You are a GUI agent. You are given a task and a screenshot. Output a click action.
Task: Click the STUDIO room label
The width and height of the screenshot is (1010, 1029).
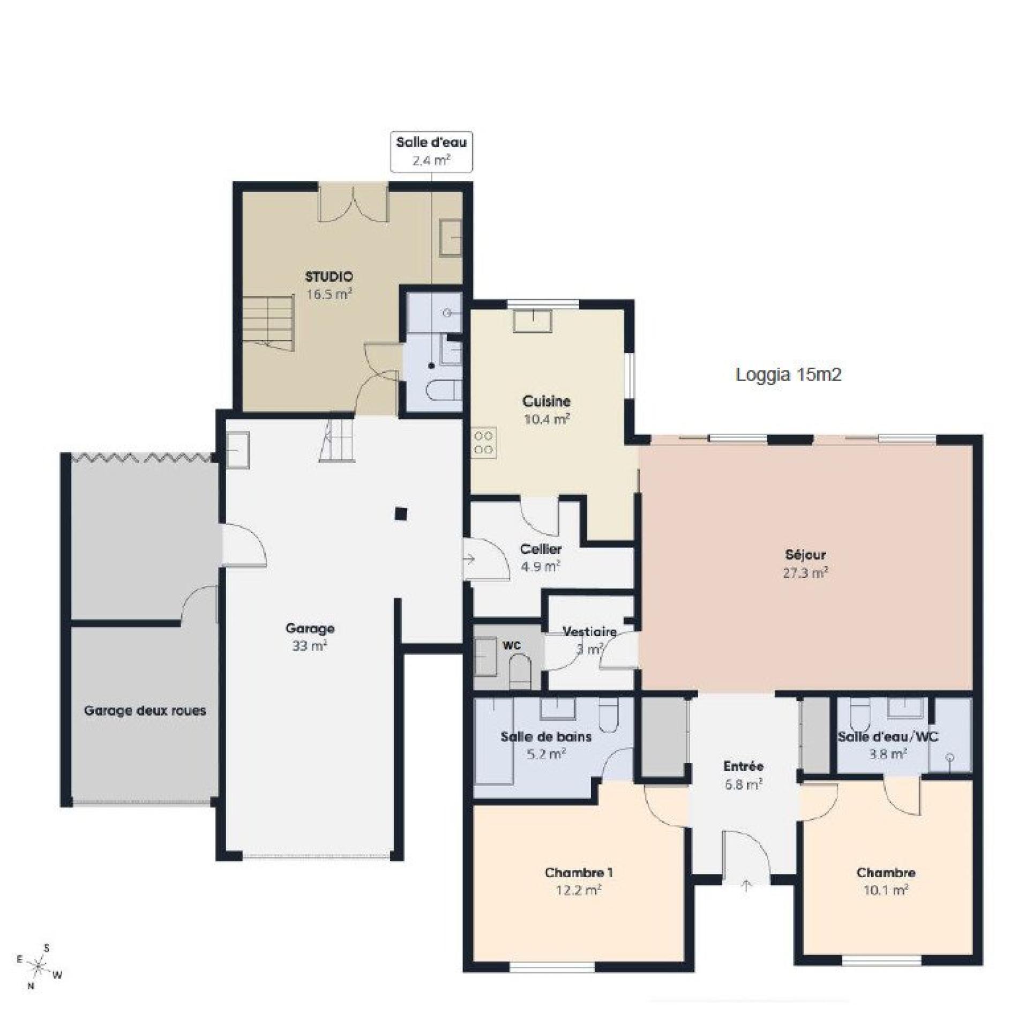[x=329, y=277]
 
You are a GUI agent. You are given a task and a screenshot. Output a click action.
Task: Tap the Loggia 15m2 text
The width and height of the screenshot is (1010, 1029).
[x=788, y=375]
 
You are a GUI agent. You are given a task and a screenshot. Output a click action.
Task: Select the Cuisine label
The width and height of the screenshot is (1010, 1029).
[x=547, y=401]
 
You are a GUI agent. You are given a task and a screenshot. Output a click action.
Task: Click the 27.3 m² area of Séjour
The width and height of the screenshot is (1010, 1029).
[x=805, y=573]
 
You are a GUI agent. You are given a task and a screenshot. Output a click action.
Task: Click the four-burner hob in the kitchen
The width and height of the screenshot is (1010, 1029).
[x=484, y=443]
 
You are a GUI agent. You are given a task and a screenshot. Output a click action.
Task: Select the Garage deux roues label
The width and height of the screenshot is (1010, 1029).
[x=145, y=711]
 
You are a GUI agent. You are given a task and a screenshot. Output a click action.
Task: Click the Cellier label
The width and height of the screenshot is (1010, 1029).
[x=541, y=549]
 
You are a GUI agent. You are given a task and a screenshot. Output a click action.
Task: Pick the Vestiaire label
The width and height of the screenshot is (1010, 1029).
[x=589, y=632]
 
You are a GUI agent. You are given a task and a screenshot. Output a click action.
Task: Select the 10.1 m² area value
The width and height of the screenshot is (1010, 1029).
[x=886, y=890]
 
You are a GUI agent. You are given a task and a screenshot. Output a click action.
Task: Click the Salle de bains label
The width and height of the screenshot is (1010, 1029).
[x=546, y=737]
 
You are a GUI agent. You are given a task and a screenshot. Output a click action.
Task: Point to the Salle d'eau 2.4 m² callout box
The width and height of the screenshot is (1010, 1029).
[x=431, y=152]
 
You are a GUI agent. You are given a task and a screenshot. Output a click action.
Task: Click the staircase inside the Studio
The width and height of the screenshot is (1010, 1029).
[x=268, y=323]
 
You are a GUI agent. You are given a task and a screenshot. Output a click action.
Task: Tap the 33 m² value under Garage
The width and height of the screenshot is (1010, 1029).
[x=310, y=646]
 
